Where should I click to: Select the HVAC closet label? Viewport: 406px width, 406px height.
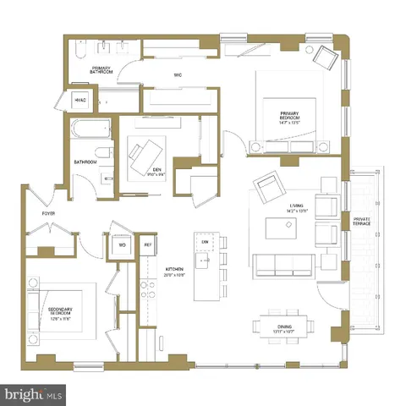81,100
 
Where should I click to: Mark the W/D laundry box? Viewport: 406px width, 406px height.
123,245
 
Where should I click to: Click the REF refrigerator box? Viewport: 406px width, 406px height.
148,245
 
